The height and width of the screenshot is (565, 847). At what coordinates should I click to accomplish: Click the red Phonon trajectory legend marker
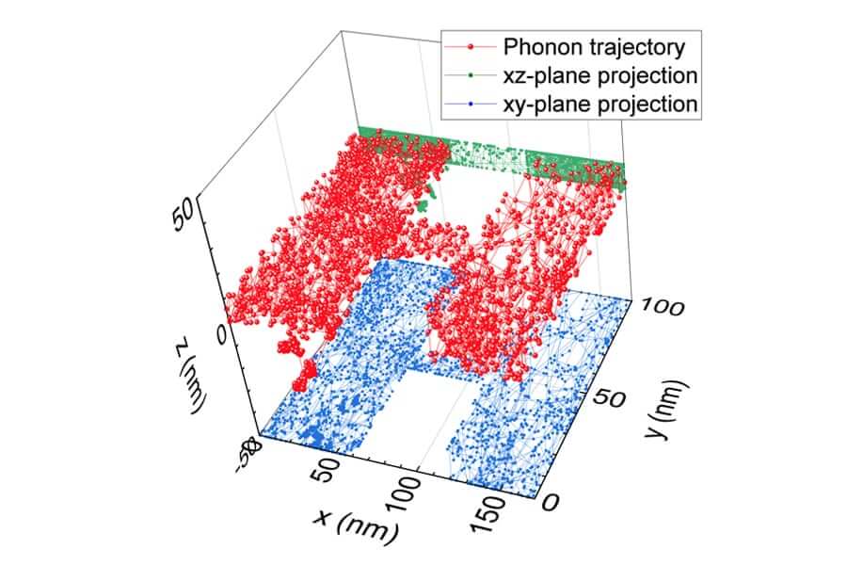pos(472,45)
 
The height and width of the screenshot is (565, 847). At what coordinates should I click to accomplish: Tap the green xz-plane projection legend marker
pos(472,74)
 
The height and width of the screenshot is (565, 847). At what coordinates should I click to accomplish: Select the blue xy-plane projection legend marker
pos(472,104)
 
